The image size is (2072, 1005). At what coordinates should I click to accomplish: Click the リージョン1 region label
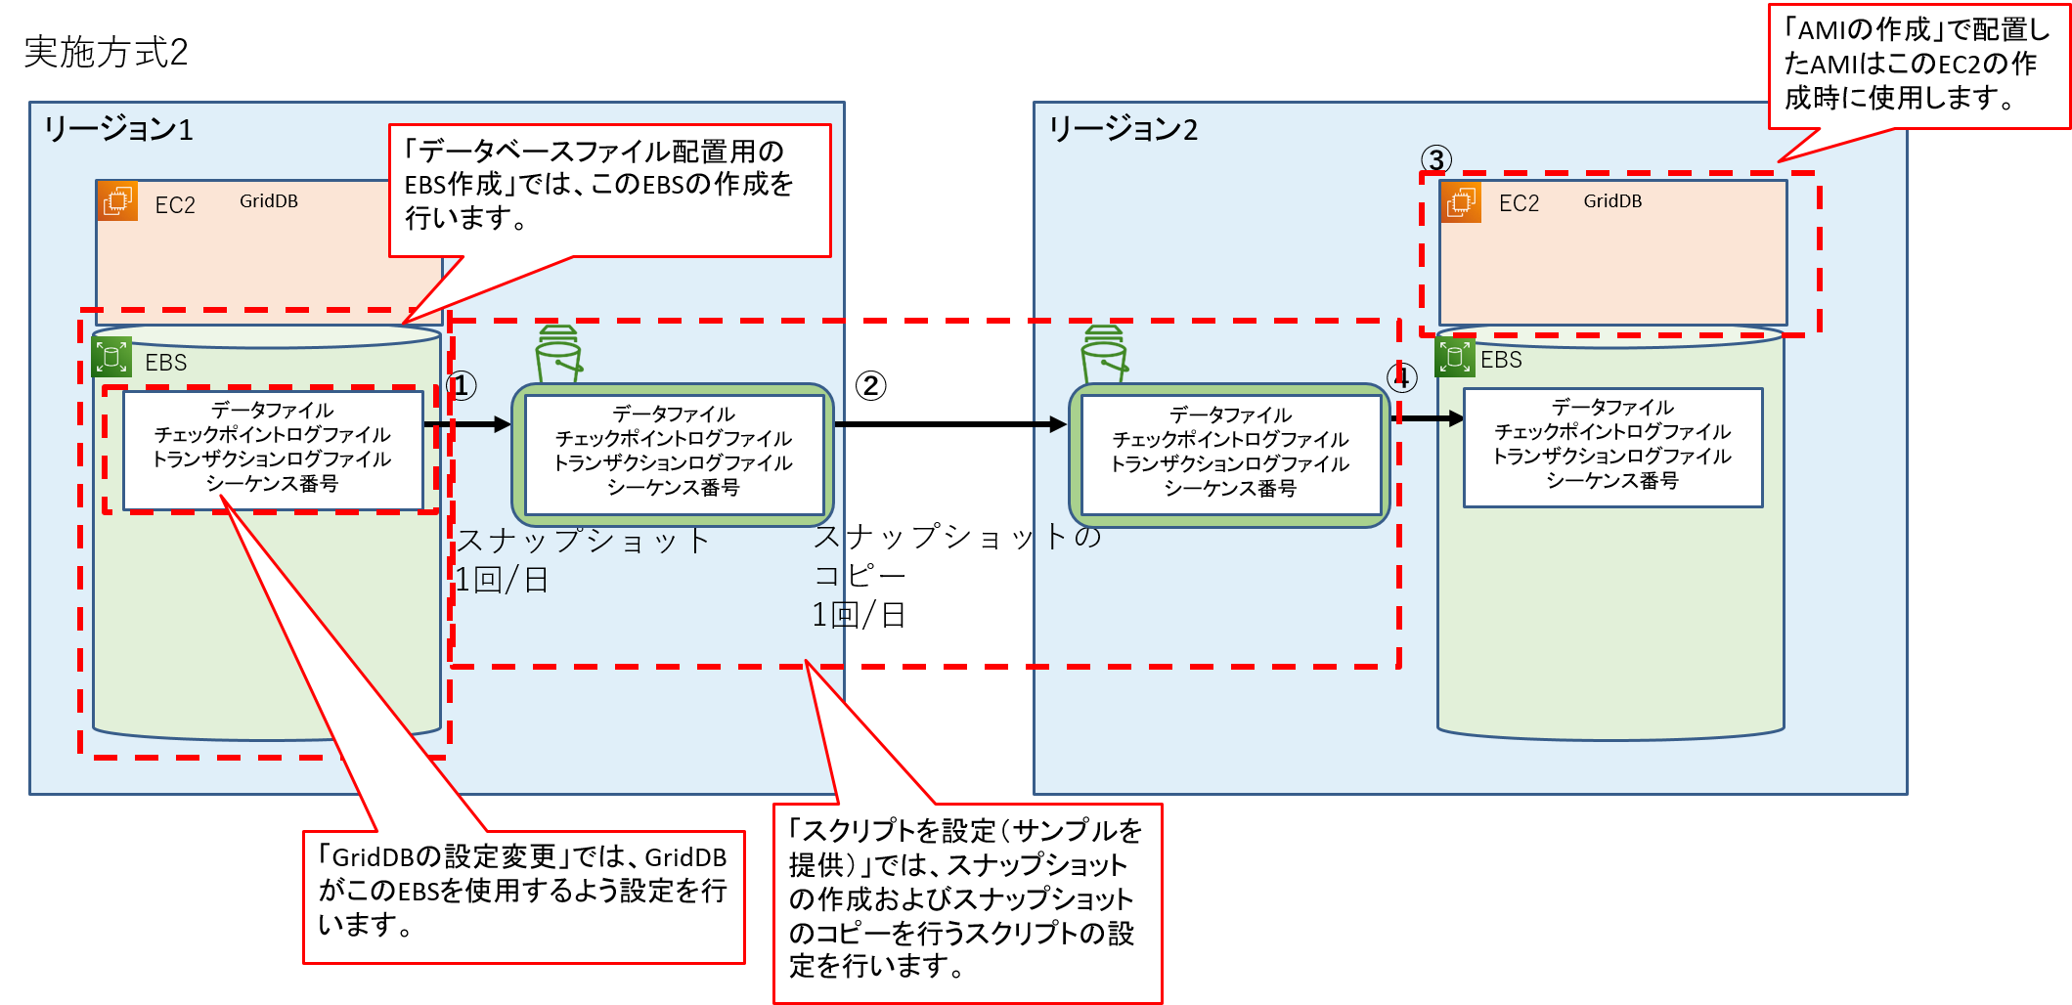click(x=118, y=129)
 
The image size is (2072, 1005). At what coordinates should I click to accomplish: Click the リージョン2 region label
click(x=1123, y=129)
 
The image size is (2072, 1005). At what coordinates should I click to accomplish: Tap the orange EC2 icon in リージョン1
click(x=118, y=201)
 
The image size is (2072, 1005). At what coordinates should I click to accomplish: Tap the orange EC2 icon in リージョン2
click(x=1461, y=201)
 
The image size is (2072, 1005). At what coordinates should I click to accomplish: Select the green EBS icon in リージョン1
click(x=111, y=357)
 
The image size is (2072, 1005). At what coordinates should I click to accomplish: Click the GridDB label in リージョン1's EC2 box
click(x=269, y=201)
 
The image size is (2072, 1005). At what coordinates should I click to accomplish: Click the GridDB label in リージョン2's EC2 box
click(x=1612, y=201)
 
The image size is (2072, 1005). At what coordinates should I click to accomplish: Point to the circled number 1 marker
click(x=462, y=386)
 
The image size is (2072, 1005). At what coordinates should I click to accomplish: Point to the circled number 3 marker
click(x=1435, y=159)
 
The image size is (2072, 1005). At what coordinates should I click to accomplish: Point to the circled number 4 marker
click(x=1402, y=377)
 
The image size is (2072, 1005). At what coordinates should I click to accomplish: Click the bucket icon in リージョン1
click(x=558, y=354)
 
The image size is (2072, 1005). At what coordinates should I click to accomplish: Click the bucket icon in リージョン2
click(x=1104, y=354)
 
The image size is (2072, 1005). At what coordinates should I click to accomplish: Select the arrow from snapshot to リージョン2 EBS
click(x=1430, y=418)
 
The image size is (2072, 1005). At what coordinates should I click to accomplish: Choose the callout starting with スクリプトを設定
click(x=966, y=900)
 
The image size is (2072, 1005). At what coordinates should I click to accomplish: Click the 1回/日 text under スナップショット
click(x=501, y=581)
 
